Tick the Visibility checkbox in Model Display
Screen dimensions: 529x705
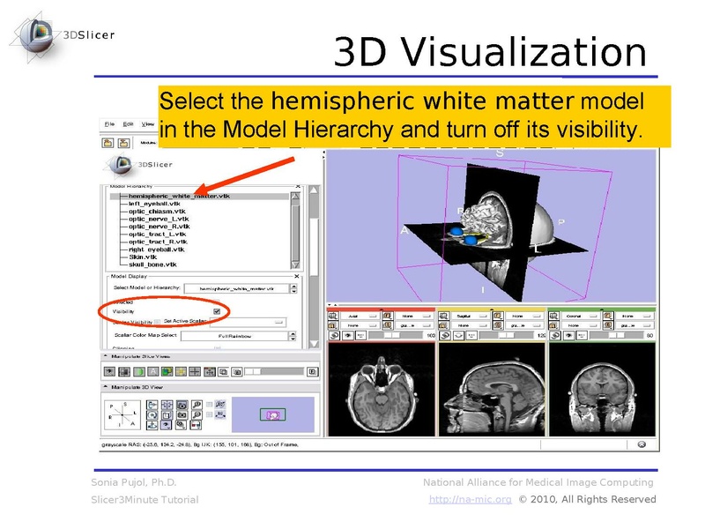pyautogui.click(x=217, y=311)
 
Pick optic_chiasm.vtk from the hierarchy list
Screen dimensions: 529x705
pyautogui.click(x=157, y=212)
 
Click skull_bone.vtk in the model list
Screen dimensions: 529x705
pyautogui.click(x=152, y=264)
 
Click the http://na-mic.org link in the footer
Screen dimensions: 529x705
pyautogui.click(x=470, y=500)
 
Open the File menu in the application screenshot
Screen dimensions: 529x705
pyautogui.click(x=110, y=124)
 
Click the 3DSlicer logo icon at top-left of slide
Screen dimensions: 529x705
pyautogui.click(x=32, y=35)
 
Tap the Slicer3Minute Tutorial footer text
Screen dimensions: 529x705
pyautogui.click(x=145, y=500)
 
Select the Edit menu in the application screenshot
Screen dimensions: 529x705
pyautogui.click(x=129, y=124)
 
